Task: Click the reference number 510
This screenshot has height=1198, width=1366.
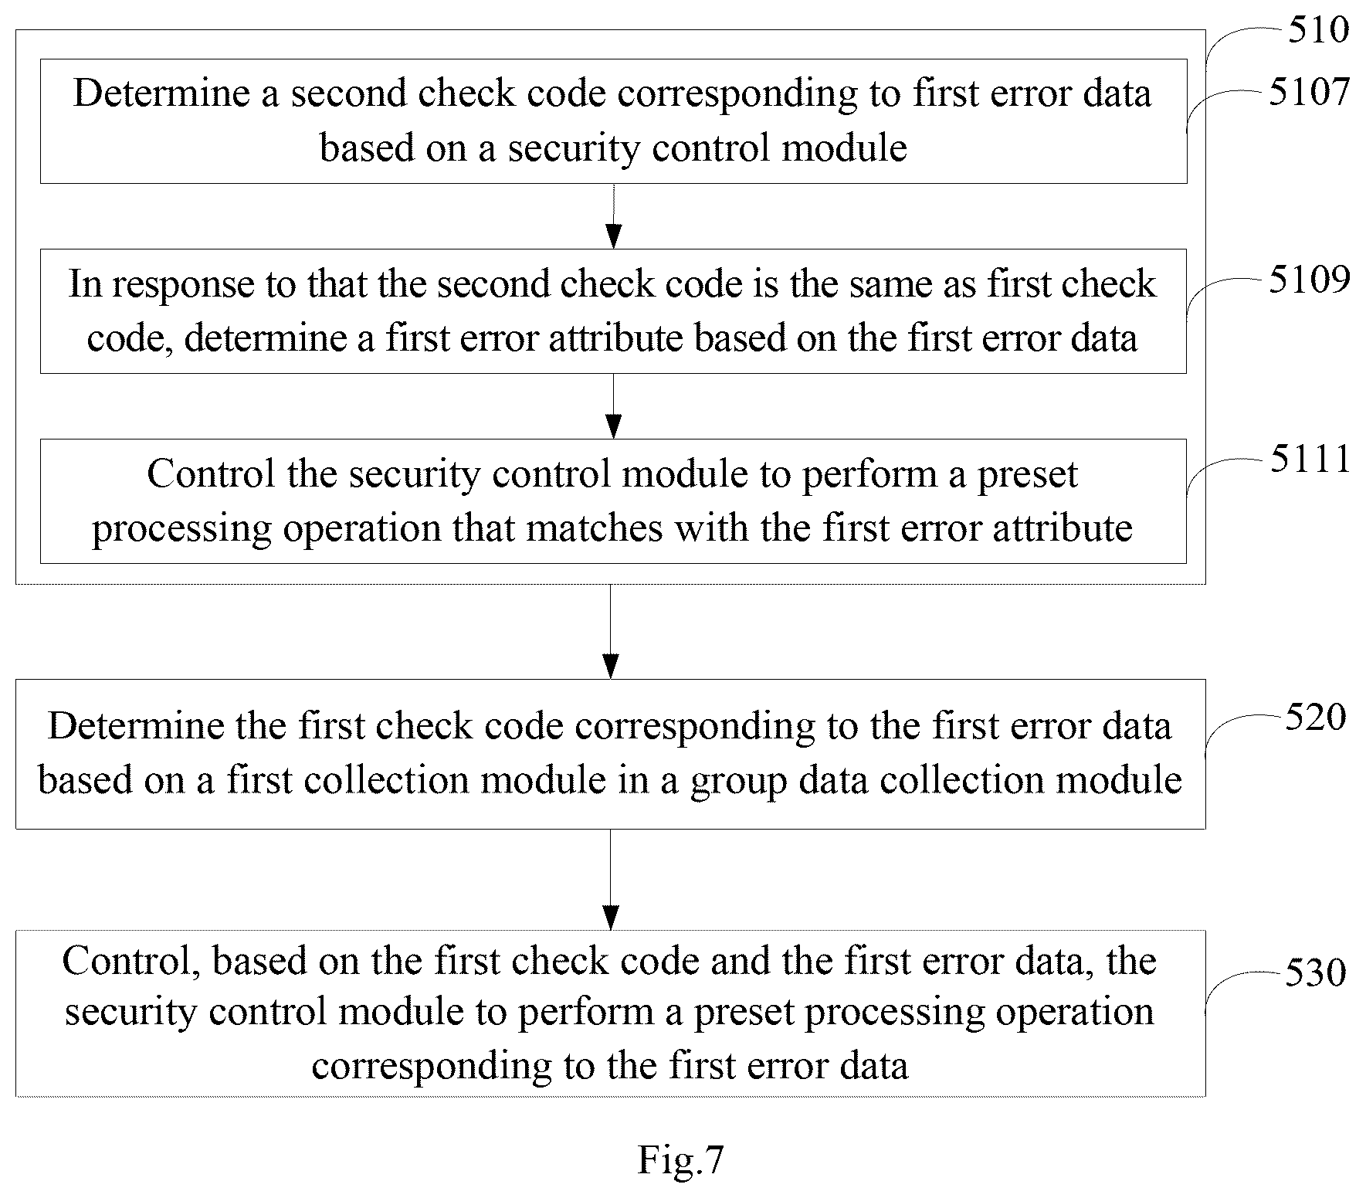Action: pyautogui.click(x=1318, y=30)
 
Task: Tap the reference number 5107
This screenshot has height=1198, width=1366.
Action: pyautogui.click(x=1310, y=93)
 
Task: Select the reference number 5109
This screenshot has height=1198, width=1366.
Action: pyautogui.click(x=1310, y=280)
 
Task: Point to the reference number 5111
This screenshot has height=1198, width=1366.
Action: pyautogui.click(x=1310, y=459)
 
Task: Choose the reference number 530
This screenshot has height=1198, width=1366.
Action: pyautogui.click(x=1315, y=972)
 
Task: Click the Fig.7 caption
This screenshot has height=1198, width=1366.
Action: pyautogui.click(x=680, y=1159)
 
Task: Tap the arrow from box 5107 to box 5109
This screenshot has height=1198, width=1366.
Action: pyautogui.click(x=613, y=216)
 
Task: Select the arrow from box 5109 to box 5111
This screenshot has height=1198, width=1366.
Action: pyautogui.click(x=613, y=406)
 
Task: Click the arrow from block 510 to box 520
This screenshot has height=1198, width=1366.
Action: pyautogui.click(x=611, y=631)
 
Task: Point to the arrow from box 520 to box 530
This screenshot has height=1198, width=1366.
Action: pyautogui.click(x=611, y=880)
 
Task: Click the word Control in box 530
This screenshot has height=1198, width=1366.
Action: pyautogui.click(x=131, y=962)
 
